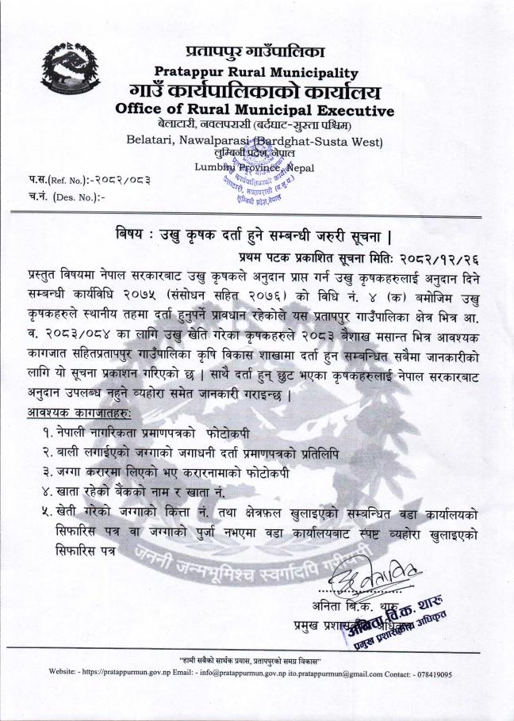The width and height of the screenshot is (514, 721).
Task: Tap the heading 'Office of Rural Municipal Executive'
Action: [254, 109]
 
